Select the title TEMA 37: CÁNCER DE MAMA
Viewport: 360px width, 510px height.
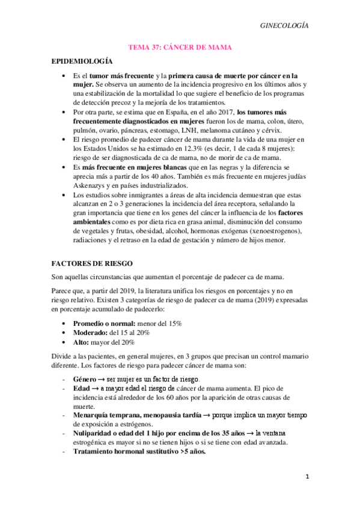(x=180, y=47)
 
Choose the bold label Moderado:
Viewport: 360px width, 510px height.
(x=90, y=333)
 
